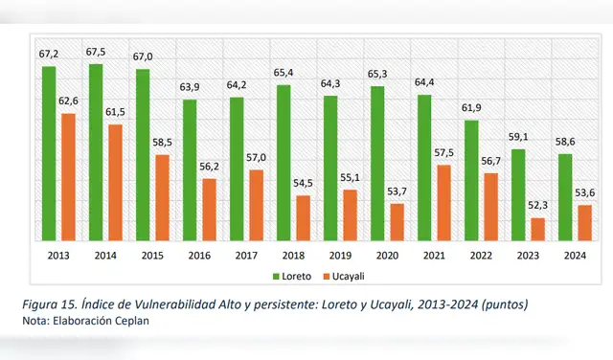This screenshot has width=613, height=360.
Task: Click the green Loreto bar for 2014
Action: (x=96, y=153)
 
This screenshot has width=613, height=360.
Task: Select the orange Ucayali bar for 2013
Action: (x=67, y=178)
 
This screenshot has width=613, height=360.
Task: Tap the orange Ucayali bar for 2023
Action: (x=537, y=230)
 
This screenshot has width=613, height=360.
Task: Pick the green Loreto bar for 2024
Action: (x=565, y=197)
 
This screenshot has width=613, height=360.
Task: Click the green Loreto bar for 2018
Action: (x=284, y=163)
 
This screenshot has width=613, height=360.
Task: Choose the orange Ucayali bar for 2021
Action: (x=443, y=203)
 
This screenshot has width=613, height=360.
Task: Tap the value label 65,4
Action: (x=284, y=73)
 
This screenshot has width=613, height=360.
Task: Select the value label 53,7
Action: (x=397, y=191)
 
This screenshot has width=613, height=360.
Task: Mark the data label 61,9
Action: (x=471, y=108)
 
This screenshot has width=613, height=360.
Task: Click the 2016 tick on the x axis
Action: (x=198, y=256)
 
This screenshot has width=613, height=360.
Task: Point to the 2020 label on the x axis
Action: (x=386, y=256)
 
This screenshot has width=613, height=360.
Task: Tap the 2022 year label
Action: (x=480, y=256)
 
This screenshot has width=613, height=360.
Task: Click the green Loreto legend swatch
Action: (x=277, y=277)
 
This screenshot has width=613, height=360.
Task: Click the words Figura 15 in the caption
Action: (x=49, y=304)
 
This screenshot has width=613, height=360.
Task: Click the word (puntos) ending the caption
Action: (x=500, y=304)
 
